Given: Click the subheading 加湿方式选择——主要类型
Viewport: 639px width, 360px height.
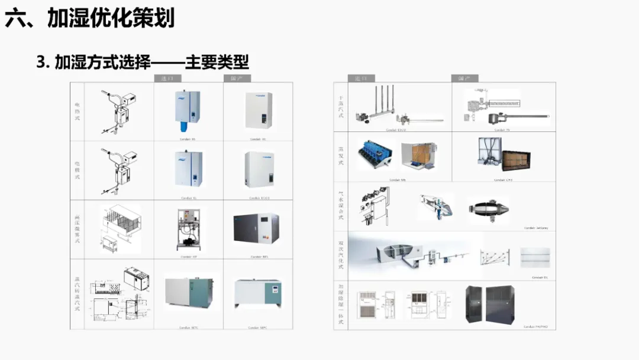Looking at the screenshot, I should tap(143, 62).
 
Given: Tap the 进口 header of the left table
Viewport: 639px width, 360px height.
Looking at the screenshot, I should tap(168, 78).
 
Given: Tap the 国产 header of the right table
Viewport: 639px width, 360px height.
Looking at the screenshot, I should tap(464, 78).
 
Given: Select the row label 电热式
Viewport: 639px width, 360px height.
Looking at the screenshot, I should tap(77, 111).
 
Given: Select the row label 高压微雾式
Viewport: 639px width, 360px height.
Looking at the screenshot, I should tap(77, 229).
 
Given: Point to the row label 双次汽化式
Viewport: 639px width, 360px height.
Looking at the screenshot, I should tap(340, 255).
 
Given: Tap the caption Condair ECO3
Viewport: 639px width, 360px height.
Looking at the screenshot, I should tap(259, 198).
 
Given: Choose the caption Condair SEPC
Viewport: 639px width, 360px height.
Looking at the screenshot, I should tap(258, 327).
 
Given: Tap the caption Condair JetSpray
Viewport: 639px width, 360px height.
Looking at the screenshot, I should tap(536, 227).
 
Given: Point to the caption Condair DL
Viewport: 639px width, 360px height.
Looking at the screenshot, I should tap(538, 277).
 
